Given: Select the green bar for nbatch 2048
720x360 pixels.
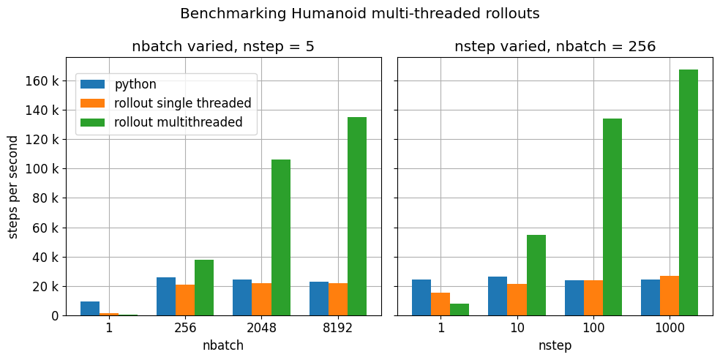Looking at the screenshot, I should [x=281, y=237].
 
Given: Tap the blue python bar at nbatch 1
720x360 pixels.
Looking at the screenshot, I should [x=90, y=308].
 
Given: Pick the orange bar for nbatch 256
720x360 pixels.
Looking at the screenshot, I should [x=185, y=300].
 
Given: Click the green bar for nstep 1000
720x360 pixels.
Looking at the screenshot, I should [x=689, y=192].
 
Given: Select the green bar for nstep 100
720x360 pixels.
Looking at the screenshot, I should [x=612, y=217].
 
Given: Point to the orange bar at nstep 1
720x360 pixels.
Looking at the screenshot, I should [x=440, y=304].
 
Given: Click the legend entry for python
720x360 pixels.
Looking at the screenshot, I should [x=135, y=84].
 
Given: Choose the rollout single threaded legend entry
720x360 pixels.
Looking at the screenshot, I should [x=183, y=103].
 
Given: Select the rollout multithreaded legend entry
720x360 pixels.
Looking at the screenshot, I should [x=179, y=122].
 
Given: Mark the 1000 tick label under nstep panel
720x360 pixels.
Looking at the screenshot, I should [x=670, y=329].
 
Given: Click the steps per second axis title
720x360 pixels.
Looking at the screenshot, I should [x=14, y=186].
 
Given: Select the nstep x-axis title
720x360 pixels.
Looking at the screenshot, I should [x=555, y=346].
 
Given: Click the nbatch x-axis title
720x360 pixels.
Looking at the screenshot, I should [x=223, y=346].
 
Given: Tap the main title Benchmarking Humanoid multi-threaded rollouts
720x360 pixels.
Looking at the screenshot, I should [x=360, y=14].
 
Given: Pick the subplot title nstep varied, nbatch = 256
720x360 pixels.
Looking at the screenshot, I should [x=555, y=47].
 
